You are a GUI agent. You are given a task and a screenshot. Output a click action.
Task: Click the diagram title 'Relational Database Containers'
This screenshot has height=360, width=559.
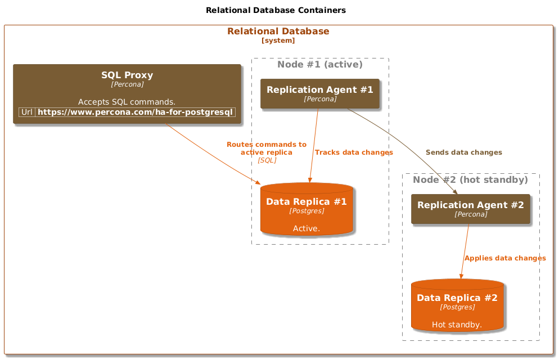276,10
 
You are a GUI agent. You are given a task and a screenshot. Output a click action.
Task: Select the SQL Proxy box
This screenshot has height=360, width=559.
127,94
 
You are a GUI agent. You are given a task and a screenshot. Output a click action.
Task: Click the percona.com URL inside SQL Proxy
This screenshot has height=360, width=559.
135,112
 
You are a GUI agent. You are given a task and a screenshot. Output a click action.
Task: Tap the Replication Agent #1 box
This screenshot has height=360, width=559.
320,93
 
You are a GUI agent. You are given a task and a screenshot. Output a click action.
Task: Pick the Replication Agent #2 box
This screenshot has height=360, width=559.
471,209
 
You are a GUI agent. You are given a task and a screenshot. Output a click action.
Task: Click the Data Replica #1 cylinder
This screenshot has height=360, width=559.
306,209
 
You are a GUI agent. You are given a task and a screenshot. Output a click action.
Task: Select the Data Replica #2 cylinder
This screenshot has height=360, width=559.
457,305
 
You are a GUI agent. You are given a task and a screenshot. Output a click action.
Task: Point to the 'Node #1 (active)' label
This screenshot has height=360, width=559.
320,64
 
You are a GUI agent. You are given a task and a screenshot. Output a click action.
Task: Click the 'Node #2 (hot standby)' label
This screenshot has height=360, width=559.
470,179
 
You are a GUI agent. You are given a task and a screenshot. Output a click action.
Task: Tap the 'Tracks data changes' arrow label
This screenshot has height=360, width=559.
354,152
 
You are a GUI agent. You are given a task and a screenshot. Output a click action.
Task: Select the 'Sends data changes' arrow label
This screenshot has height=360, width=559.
464,152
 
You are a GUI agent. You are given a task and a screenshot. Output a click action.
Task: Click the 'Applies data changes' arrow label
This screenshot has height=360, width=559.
505,258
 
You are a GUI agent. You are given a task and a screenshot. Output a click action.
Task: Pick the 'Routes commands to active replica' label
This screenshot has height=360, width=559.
267,148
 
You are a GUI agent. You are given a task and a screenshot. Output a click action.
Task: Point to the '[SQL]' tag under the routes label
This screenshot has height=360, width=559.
267,160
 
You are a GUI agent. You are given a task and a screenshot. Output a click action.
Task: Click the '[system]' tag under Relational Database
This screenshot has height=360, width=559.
278,40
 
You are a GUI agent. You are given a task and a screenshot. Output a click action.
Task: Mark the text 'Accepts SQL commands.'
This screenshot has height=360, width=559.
127,102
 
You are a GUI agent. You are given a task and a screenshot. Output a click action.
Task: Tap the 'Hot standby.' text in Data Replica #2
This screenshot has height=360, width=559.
457,325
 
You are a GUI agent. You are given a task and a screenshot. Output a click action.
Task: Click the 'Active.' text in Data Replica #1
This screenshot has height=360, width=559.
306,228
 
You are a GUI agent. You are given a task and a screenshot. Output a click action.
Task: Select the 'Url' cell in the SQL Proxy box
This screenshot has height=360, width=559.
27,112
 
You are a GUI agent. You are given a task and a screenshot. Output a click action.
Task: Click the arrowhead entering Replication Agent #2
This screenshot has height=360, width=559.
455,192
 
